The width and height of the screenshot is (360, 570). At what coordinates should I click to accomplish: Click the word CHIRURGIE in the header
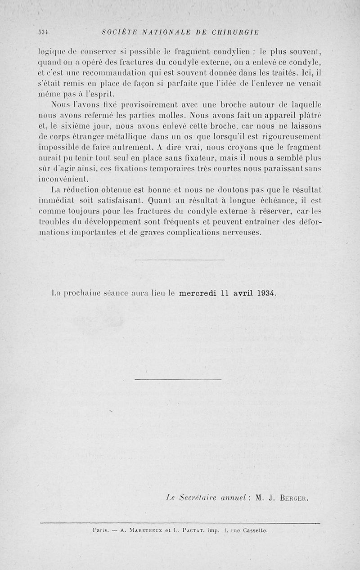[x=233, y=32]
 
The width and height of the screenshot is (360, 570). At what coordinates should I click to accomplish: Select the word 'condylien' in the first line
[x=248, y=51]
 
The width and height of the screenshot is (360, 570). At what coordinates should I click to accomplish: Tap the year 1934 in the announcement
[x=266, y=293]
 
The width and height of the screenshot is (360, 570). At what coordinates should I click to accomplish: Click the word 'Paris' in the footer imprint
[x=98, y=531]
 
